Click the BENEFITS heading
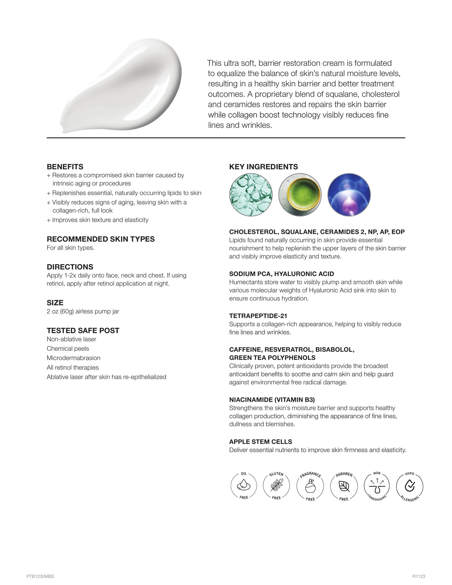coord(65,167)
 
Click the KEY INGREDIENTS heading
coord(263,167)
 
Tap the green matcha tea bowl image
coord(300,195)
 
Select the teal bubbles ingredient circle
coord(251,195)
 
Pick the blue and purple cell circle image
coord(349,195)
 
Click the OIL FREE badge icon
coord(244,486)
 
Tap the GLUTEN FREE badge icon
coord(276,486)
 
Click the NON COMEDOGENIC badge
coord(377,486)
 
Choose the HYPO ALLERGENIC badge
coord(409,486)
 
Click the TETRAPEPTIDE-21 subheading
coord(258,316)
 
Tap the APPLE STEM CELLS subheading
coord(260,442)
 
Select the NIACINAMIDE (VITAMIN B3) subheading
coord(272,400)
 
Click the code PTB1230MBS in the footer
coord(40,576)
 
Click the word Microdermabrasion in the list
coord(73,358)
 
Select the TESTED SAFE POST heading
coord(83,331)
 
